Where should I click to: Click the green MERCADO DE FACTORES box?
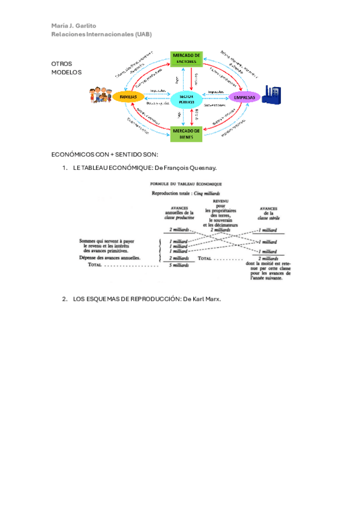(x=187, y=59)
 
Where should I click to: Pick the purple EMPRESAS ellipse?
(x=244, y=97)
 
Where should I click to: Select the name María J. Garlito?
(x=74, y=26)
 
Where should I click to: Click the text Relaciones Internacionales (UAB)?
(x=101, y=34)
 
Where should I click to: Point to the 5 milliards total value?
(x=179, y=265)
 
